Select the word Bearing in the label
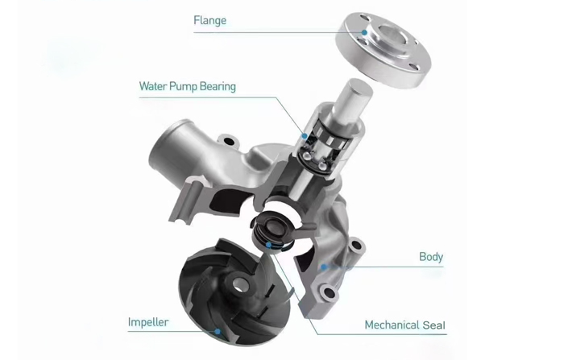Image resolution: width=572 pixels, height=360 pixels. (215, 86)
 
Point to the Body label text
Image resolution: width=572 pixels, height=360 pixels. (430, 257)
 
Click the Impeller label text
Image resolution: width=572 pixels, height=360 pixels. (148, 322)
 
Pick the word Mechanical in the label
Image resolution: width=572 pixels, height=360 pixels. (393, 325)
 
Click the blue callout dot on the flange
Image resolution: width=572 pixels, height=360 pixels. (365, 32)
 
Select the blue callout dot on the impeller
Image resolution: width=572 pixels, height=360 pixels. (218, 330)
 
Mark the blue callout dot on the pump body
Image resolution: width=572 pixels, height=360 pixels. (323, 265)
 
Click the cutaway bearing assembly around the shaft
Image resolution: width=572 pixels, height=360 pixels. (322, 145)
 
